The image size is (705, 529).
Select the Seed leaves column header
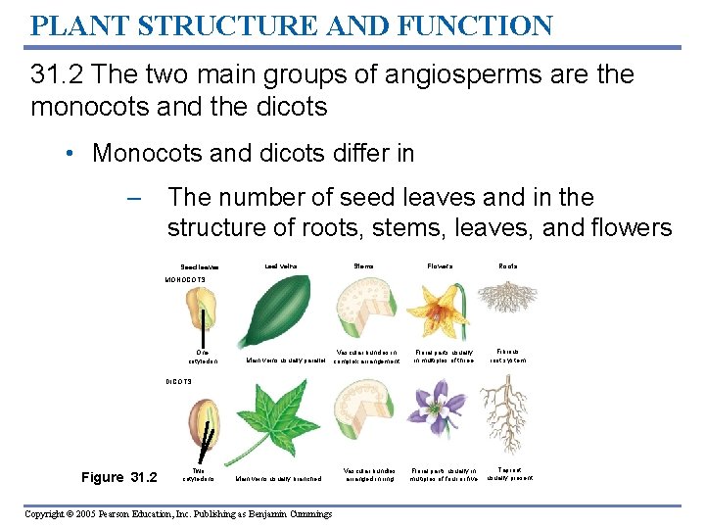pyautogui.click(x=200, y=266)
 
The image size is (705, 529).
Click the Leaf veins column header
pyautogui.click(x=281, y=265)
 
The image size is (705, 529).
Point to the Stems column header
pyautogui.click(x=364, y=265)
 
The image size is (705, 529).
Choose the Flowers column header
pyautogui.click(x=440, y=265)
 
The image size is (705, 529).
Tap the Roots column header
pyautogui.click(x=508, y=265)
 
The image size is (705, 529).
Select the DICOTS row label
pyautogui.click(x=178, y=381)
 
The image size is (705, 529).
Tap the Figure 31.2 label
pyautogui.click(x=118, y=477)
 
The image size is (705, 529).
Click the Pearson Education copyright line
pyautogui.click(x=179, y=514)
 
